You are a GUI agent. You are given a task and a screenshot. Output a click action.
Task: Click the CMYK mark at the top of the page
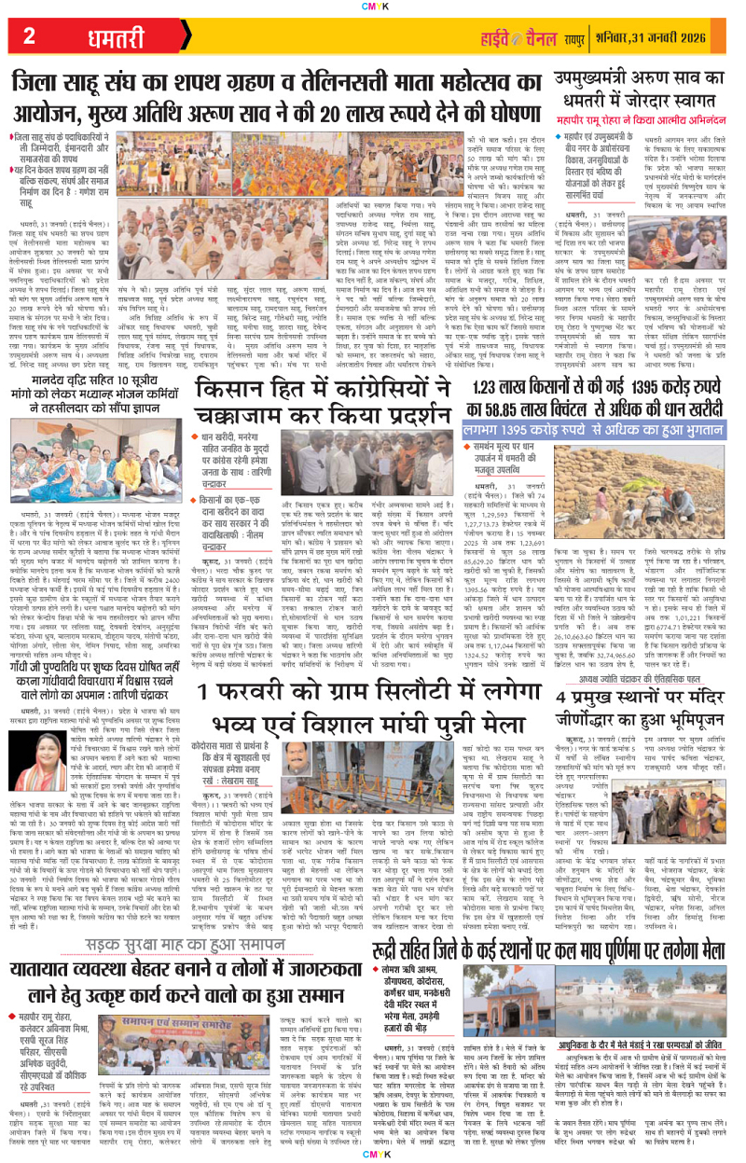[x=372, y=6]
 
